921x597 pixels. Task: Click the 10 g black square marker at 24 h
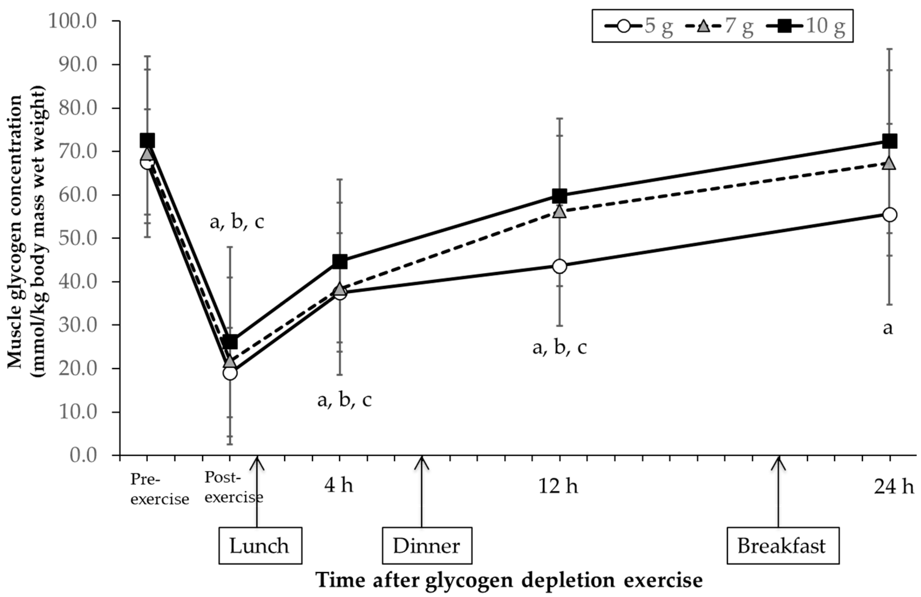pyautogui.click(x=889, y=141)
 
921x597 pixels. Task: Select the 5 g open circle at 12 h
pyautogui.click(x=560, y=266)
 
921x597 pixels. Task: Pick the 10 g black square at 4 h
pyautogui.click(x=339, y=262)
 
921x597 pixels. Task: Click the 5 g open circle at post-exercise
pyautogui.click(x=230, y=373)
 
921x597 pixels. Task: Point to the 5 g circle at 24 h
pyautogui.click(x=889, y=214)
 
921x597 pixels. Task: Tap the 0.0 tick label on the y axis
pyautogui.click(x=83, y=455)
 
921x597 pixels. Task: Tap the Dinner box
pyautogui.click(x=427, y=545)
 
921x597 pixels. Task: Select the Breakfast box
pyautogui.click(x=782, y=545)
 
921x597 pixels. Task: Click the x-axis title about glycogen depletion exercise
pyautogui.click(x=509, y=580)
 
